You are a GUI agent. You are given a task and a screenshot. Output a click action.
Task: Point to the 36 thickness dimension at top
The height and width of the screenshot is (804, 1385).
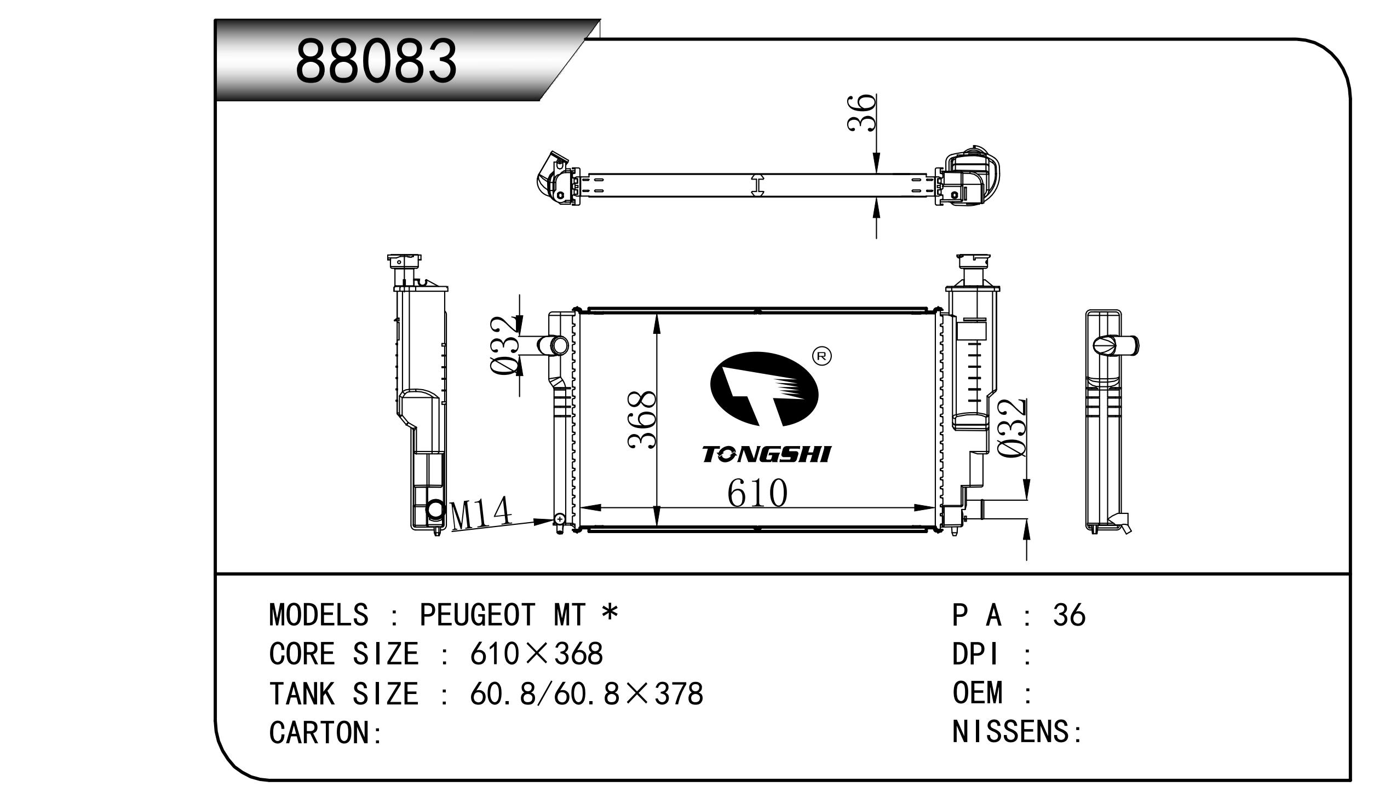[x=861, y=113]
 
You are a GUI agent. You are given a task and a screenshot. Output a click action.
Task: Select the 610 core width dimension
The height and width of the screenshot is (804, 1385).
[x=757, y=493]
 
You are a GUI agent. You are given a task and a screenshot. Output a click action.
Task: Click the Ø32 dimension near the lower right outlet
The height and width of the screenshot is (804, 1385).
[x=1012, y=429]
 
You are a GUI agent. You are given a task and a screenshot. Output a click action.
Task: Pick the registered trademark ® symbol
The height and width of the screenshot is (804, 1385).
[x=821, y=356]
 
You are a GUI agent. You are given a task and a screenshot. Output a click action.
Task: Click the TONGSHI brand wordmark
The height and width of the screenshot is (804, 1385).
[x=766, y=454]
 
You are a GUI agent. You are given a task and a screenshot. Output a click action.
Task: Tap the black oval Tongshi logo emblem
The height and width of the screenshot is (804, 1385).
[x=764, y=389]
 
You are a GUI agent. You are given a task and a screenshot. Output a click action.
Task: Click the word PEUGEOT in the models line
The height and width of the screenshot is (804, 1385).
[x=477, y=615]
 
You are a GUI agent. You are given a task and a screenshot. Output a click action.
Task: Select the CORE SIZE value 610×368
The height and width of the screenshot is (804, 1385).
[x=536, y=654]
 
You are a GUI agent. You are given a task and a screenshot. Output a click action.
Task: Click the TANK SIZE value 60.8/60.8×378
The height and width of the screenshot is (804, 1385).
[x=586, y=693]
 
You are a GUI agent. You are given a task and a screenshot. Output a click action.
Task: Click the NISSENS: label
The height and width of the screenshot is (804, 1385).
[x=1016, y=732]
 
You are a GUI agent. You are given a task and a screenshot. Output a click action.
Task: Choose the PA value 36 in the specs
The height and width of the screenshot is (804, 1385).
[x=1068, y=615]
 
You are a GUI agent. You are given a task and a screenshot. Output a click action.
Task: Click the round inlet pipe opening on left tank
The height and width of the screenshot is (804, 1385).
[x=560, y=346]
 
